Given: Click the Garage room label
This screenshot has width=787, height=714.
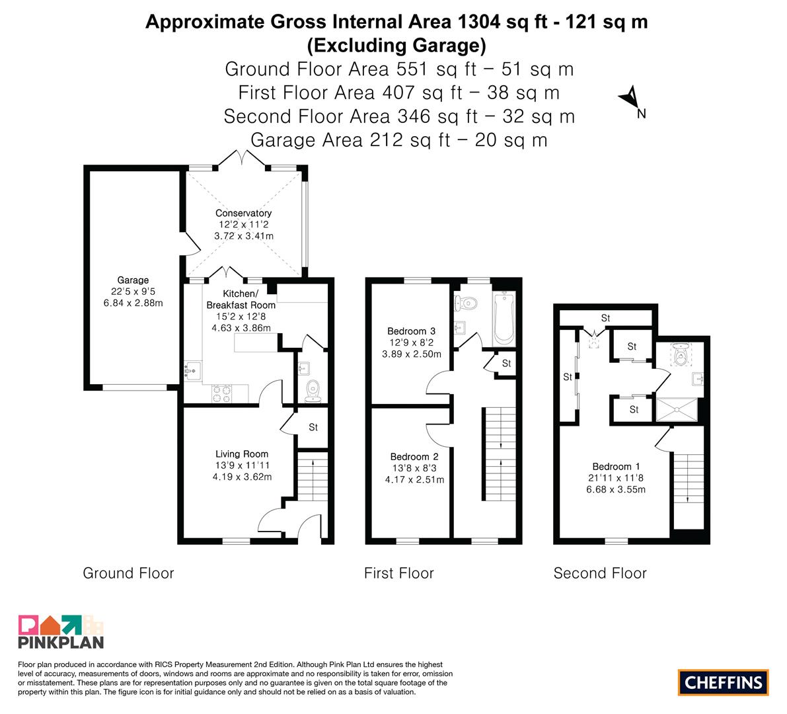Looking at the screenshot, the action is click(x=133, y=280).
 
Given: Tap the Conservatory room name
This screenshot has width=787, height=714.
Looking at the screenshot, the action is click(x=243, y=213).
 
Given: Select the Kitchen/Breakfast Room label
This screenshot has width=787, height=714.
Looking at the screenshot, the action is click(x=241, y=299).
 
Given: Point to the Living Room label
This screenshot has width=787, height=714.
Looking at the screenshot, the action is click(x=242, y=454).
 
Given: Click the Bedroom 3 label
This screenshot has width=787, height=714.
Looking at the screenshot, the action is click(x=411, y=331).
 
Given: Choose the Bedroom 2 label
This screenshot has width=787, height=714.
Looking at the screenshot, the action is click(x=414, y=456).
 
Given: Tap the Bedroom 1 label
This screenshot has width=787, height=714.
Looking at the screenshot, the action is click(x=616, y=467).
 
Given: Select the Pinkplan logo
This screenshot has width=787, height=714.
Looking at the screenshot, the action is click(x=61, y=631).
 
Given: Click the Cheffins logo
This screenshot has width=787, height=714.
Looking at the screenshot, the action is click(x=724, y=682).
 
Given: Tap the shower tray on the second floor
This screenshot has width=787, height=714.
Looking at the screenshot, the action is click(x=677, y=410).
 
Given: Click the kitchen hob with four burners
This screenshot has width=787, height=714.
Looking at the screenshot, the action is click(x=222, y=393).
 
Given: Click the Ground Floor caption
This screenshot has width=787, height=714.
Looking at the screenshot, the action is click(x=128, y=573).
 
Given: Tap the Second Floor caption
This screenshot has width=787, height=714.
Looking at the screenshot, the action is click(x=600, y=573).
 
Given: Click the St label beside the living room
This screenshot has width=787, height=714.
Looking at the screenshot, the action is click(x=313, y=427).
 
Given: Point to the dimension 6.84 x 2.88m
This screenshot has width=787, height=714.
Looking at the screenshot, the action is click(x=133, y=303).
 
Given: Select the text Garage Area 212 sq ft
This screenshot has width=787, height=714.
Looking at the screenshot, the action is click(x=350, y=139).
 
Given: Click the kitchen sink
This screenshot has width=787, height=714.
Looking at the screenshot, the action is click(x=192, y=371).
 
